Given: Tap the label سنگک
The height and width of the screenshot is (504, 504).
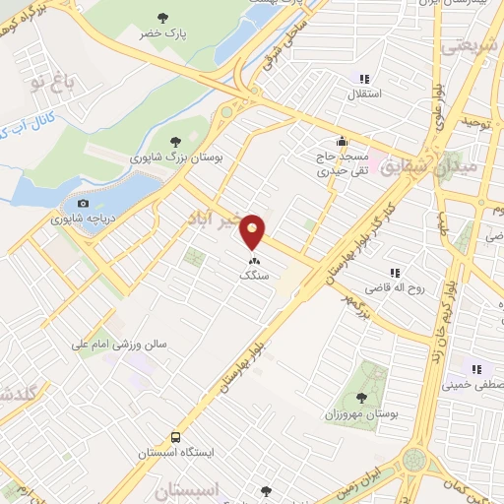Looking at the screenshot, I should [x=254, y=277].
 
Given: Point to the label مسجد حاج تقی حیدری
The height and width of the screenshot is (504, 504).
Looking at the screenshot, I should [x=341, y=163].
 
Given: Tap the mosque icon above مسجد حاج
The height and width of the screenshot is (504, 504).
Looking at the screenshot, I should [x=341, y=140].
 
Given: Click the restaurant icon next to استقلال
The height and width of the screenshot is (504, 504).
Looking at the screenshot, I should [x=364, y=79].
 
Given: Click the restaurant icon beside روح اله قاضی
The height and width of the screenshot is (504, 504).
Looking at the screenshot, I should [x=395, y=273].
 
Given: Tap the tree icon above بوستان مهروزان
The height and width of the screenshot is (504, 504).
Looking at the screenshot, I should [x=361, y=398].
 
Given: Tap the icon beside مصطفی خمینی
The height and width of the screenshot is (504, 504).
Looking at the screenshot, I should [x=476, y=370].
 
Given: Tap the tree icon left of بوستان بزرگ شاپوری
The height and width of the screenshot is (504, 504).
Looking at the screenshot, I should [x=174, y=142].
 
